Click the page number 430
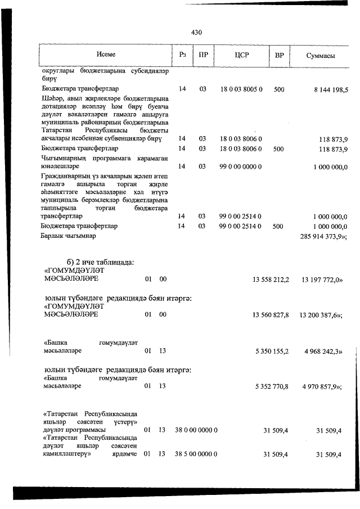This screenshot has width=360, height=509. coord(196,33)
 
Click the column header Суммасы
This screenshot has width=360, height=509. coord(321,56)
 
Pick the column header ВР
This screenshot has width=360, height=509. coord(278,55)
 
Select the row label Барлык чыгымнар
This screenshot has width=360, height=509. coord(69,236)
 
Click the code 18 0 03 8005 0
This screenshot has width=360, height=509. coord(241,89)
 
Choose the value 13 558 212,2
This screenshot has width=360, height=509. coord(271,279)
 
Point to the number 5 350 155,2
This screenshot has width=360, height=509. coord(272,351)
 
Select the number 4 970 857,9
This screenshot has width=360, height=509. coord(322,387)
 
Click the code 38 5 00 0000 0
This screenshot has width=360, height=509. coord(196,454)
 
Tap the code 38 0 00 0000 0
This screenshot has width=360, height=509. coord(196,430)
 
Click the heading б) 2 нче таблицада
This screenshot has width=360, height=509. coord(98,262)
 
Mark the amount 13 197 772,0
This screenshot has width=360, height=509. coord(321,279)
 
